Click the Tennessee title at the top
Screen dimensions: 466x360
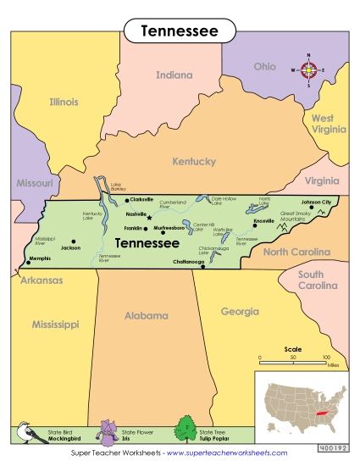pos(180,31)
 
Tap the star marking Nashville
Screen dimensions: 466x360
pos(149,217)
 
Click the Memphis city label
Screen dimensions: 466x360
pos(40,258)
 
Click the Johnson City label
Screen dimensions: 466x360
pos(316,202)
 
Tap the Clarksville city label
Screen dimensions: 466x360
pos(141,200)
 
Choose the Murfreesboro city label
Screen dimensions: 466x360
pos(169,228)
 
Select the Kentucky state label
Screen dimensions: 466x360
pos(194,161)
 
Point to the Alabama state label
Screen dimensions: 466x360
pos(147,315)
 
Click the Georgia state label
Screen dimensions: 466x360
pos(240,311)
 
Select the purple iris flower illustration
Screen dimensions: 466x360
pos(108,431)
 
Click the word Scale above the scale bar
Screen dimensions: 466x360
pos(292,348)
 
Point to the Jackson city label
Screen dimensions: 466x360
pos(70,247)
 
